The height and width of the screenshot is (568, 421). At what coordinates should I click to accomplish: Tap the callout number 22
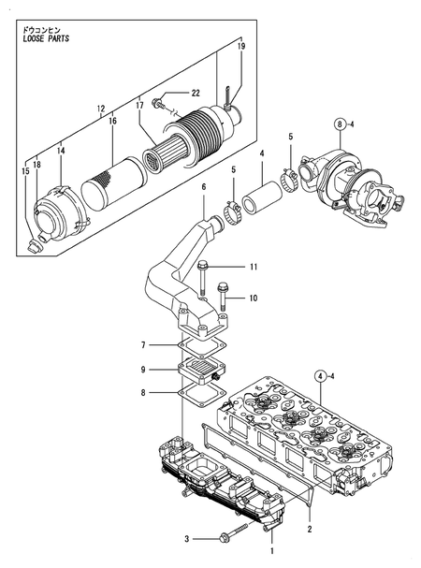pyautogui.click(x=196, y=93)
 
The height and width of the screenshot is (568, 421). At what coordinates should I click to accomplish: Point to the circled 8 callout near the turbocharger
pyautogui.click(x=341, y=122)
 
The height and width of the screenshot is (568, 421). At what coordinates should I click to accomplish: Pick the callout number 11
pyautogui.click(x=253, y=269)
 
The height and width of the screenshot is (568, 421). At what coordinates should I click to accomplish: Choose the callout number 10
pyautogui.click(x=253, y=299)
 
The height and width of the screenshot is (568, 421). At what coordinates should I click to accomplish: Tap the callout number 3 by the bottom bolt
pyautogui.click(x=187, y=538)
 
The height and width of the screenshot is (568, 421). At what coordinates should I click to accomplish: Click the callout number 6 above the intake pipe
pyautogui.click(x=202, y=187)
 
